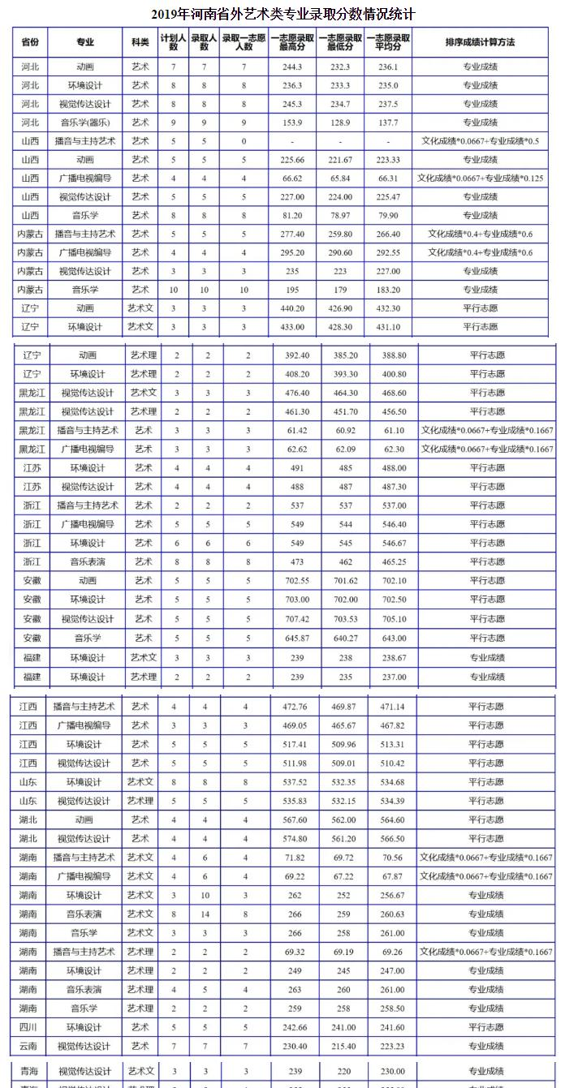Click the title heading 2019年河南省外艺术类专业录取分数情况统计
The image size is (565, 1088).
point(282,15)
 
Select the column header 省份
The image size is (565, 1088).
point(30,42)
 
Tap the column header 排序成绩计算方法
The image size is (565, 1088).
point(481,42)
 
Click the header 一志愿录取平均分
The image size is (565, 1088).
point(388,42)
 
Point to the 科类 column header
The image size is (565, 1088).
point(140,42)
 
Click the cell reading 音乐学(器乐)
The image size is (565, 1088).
point(84,123)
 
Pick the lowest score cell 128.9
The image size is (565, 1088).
point(340,123)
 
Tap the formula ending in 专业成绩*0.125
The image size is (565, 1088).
point(481,178)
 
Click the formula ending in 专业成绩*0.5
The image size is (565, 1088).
point(481,141)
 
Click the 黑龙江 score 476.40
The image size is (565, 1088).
point(298,393)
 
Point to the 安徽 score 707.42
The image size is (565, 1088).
point(298,618)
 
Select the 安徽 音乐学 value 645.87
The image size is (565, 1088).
point(298,638)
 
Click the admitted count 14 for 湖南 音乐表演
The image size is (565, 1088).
point(205,914)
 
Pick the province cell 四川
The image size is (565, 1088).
point(28,1027)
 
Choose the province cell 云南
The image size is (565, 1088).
point(28,1046)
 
